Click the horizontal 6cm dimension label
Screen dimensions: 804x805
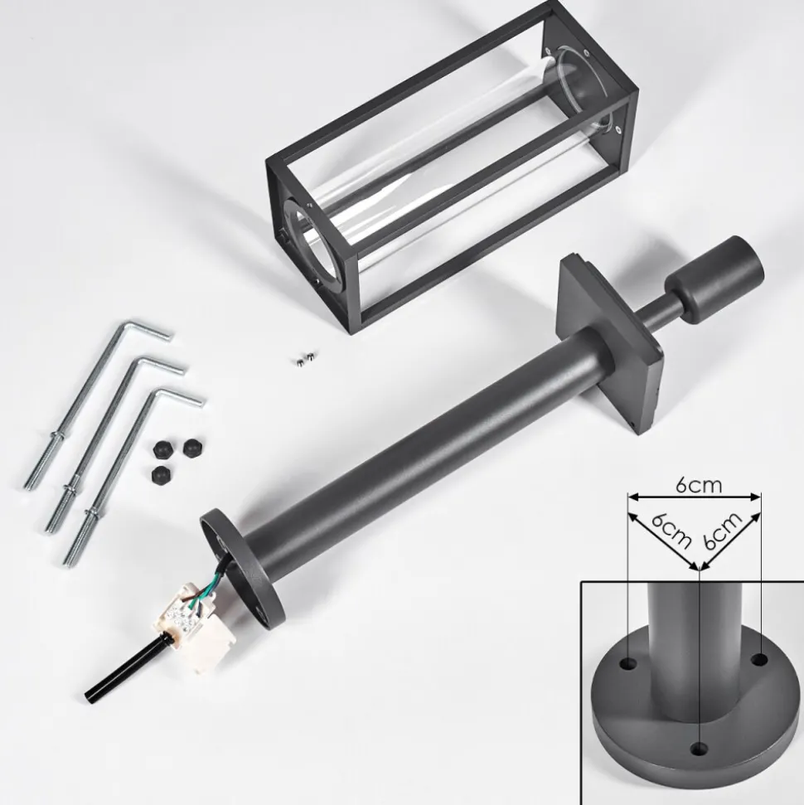[699, 485]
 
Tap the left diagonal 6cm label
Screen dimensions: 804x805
[671, 531]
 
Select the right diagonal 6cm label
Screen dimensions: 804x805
[723, 531]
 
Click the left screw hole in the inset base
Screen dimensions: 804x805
[628, 662]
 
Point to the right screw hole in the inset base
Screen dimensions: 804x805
[760, 660]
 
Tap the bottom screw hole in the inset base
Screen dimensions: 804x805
[698, 749]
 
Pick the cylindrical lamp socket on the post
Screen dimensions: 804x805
[714, 279]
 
